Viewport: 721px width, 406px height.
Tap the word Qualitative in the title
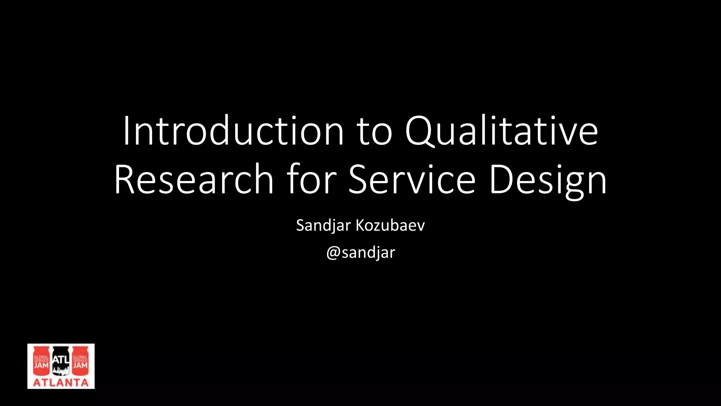(501, 131)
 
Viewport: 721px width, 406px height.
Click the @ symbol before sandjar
(333, 253)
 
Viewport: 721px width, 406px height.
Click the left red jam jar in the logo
(41, 362)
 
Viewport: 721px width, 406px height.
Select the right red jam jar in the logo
(80, 362)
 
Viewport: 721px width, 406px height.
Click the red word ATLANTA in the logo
(61, 383)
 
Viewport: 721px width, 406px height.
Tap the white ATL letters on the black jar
(61, 360)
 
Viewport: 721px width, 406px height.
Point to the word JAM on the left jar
(41, 365)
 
